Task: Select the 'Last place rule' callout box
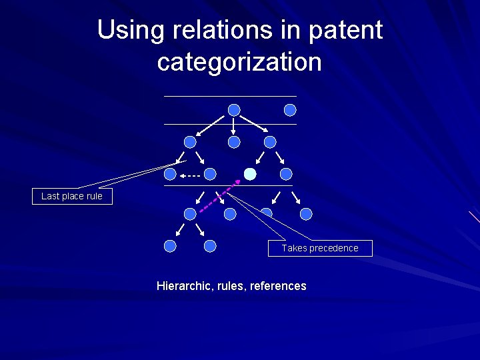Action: click(x=72, y=196)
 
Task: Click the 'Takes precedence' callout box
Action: click(x=319, y=248)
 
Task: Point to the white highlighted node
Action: click(x=250, y=174)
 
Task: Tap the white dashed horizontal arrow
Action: click(x=191, y=175)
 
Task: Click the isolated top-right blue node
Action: click(x=290, y=110)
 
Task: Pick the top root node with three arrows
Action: click(x=234, y=110)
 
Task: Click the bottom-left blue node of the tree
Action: click(x=170, y=246)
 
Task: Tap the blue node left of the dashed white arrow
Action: click(x=170, y=174)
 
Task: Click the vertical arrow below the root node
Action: click(x=234, y=126)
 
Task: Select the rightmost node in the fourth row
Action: click(x=306, y=214)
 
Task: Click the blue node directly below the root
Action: click(x=234, y=142)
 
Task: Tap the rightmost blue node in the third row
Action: click(x=286, y=174)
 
